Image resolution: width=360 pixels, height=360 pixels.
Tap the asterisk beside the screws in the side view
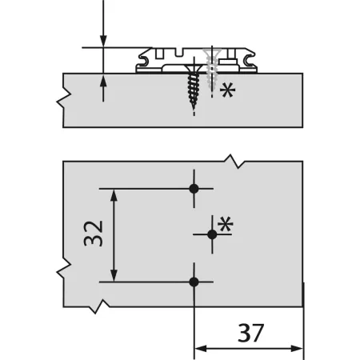click(x=228, y=90)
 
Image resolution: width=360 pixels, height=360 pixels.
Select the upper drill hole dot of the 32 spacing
click(x=194, y=189)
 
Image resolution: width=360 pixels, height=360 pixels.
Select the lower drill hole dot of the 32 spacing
click(x=194, y=282)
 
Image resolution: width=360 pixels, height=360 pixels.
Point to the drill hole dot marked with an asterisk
click(x=212, y=234)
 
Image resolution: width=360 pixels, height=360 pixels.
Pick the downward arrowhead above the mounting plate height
click(x=103, y=42)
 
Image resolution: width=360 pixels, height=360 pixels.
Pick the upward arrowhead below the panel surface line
click(x=103, y=80)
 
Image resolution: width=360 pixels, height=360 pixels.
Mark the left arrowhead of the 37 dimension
click(x=199, y=348)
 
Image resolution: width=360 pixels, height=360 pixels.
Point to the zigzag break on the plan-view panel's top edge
click(x=233, y=160)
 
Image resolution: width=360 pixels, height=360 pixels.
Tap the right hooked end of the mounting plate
click(x=253, y=59)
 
